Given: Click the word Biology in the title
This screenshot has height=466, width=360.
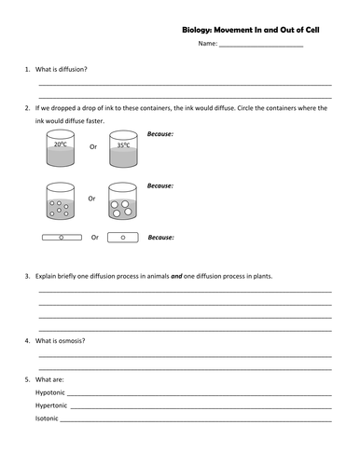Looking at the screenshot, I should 199,30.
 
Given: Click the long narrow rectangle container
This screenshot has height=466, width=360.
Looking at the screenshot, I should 62,238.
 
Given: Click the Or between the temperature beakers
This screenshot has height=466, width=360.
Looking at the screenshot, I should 92,146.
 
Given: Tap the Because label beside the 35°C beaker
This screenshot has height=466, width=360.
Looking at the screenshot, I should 160,134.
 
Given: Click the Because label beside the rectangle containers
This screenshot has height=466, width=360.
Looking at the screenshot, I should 160,237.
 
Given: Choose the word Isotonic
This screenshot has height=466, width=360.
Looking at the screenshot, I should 48,418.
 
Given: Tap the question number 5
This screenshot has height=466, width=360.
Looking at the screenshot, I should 27,380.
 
